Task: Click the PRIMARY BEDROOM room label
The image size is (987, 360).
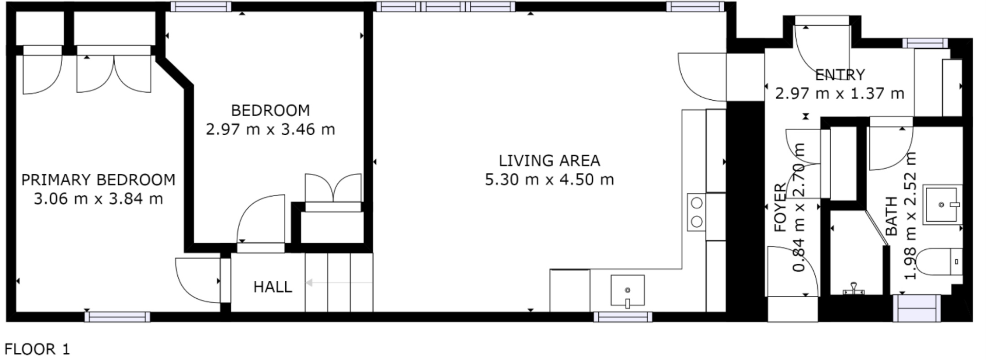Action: coord(98,180)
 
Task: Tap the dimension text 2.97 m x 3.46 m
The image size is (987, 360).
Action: coord(270,129)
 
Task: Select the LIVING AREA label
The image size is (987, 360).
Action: coord(549,161)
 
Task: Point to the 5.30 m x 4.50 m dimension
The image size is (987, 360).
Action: coord(549,180)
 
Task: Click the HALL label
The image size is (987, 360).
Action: coord(272,287)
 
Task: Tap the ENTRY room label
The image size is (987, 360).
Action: coord(840,75)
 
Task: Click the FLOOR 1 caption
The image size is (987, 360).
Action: coord(37,350)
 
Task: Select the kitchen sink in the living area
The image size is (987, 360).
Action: coord(627,291)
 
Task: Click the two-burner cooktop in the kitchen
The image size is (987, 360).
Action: coord(697,212)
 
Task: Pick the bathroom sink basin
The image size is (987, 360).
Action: coord(942,205)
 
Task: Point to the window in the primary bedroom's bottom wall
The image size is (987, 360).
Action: coord(117,317)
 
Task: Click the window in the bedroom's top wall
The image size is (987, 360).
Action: coord(200,7)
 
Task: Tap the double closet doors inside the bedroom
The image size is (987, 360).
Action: coord(333,189)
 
